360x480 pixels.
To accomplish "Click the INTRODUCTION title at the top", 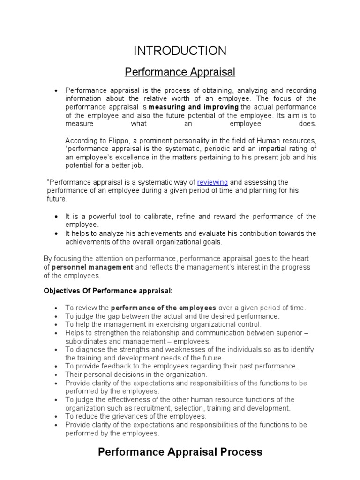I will [x=180, y=51].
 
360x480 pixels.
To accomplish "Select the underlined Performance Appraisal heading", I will [x=180, y=72].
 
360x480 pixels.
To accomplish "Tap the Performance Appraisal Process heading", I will [x=180, y=452].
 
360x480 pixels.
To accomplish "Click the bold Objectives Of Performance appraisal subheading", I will [x=108, y=291].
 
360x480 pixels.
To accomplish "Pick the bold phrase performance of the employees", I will [x=164, y=307].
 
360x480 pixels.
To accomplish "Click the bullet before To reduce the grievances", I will [x=56, y=417].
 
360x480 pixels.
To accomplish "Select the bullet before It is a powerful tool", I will [x=56, y=217].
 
